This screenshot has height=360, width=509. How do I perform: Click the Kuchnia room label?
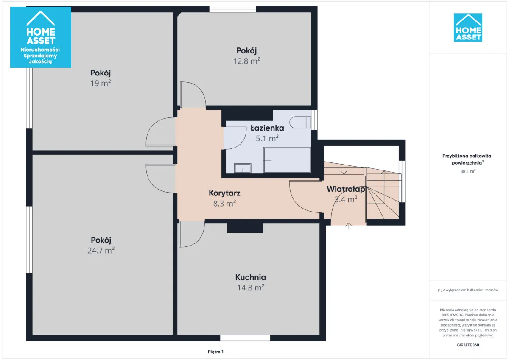(250, 277)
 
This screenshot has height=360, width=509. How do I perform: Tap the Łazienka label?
(267, 128)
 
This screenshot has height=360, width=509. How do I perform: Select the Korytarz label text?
(224, 193)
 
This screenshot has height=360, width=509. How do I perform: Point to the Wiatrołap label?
(346, 189)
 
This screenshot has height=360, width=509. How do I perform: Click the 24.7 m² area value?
(101, 250)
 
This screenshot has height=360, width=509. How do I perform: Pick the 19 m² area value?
(101, 83)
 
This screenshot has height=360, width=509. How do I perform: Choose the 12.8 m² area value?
(246, 61)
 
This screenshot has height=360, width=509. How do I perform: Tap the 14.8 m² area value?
(251, 287)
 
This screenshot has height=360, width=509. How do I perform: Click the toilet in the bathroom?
(300, 123)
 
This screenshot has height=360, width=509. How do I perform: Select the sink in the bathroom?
(243, 168)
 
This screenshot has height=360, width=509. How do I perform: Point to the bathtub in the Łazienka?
(287, 160)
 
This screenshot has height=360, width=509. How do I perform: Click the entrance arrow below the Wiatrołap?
(349, 226)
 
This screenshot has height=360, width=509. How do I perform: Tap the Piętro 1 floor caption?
(215, 352)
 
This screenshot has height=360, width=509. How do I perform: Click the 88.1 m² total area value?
(468, 171)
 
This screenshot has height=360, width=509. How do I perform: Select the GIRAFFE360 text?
(468, 345)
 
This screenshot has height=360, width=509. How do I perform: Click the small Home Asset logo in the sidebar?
(468, 28)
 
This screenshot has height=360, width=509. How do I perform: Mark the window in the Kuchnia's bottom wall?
(245, 338)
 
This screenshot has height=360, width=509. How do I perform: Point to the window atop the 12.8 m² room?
(232, 9)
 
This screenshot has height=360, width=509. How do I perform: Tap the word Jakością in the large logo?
(40, 61)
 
